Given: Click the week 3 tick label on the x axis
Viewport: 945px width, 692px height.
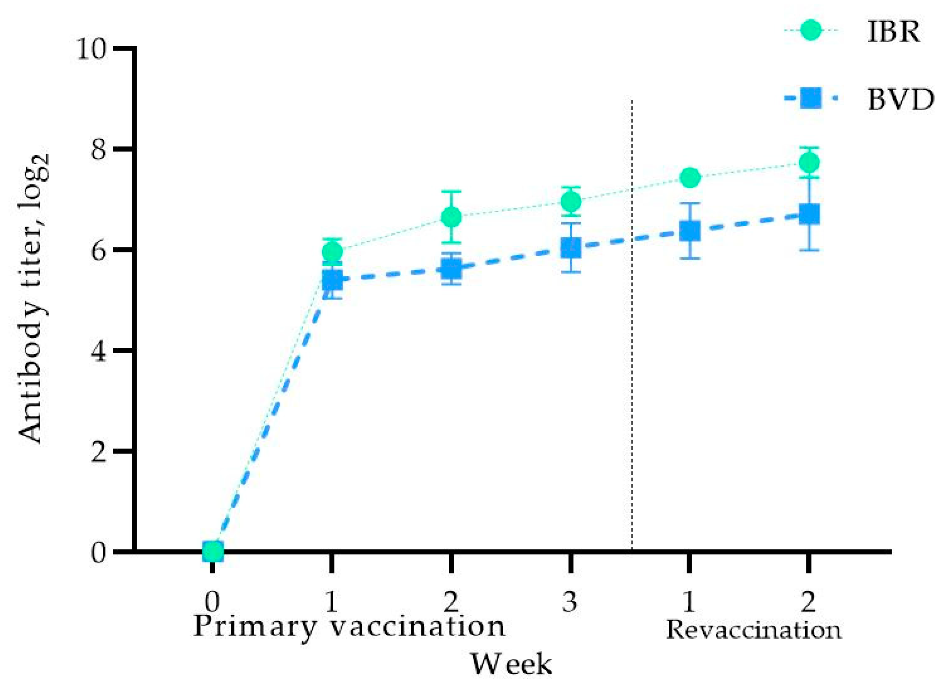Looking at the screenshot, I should [x=570, y=602].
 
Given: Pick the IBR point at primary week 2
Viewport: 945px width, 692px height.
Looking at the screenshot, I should [x=451, y=217].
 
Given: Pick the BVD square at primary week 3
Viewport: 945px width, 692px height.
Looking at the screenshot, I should [x=570, y=248].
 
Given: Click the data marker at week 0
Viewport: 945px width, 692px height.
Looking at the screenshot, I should [x=213, y=551].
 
